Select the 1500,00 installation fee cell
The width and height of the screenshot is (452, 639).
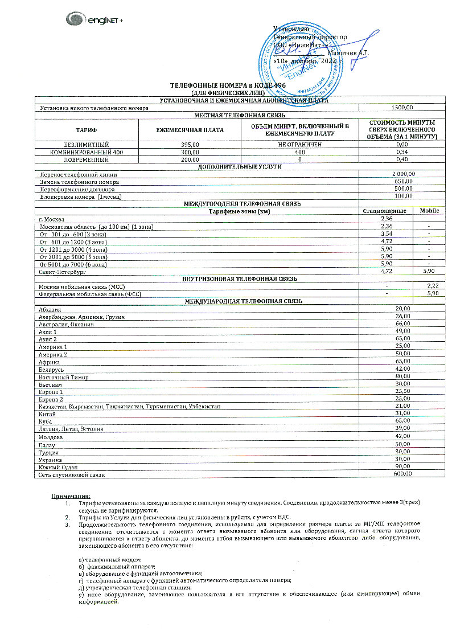coord(402,108)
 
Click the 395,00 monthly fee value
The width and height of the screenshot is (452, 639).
coord(190,145)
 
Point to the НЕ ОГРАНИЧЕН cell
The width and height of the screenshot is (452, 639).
coord(300,145)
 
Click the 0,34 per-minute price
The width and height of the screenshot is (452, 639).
coord(402,152)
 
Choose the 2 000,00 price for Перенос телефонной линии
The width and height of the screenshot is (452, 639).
coord(404,174)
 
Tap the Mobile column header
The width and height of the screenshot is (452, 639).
coord(430,211)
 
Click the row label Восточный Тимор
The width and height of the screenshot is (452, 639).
coord(59,377)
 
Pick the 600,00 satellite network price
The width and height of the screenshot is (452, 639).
coord(402,473)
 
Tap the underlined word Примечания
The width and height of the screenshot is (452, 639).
coord(71,497)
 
